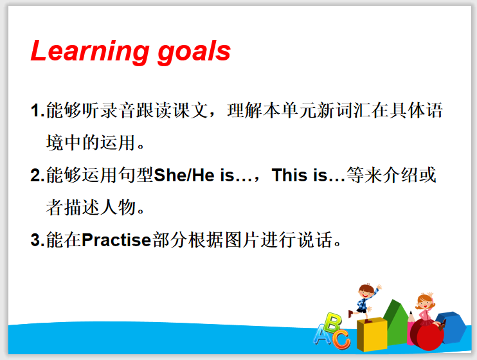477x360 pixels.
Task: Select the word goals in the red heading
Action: (194, 51)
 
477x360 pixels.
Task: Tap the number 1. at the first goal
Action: (38, 110)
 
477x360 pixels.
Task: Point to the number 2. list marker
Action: (38, 175)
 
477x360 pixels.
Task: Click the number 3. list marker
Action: (38, 240)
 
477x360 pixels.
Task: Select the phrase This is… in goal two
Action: (309, 175)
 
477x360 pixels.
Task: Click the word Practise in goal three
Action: (116, 240)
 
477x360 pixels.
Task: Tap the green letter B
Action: (332, 322)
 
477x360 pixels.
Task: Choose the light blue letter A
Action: (323, 335)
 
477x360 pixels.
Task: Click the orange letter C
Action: (341, 339)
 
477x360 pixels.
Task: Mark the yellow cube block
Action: (372, 334)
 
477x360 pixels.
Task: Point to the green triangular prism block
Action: (397, 322)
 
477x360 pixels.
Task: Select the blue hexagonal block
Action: (452, 327)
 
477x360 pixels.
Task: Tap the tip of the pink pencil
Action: (411, 312)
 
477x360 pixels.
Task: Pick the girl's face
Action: (425, 303)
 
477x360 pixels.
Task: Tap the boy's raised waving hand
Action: (379, 287)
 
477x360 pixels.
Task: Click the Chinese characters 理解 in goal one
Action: (245, 110)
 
